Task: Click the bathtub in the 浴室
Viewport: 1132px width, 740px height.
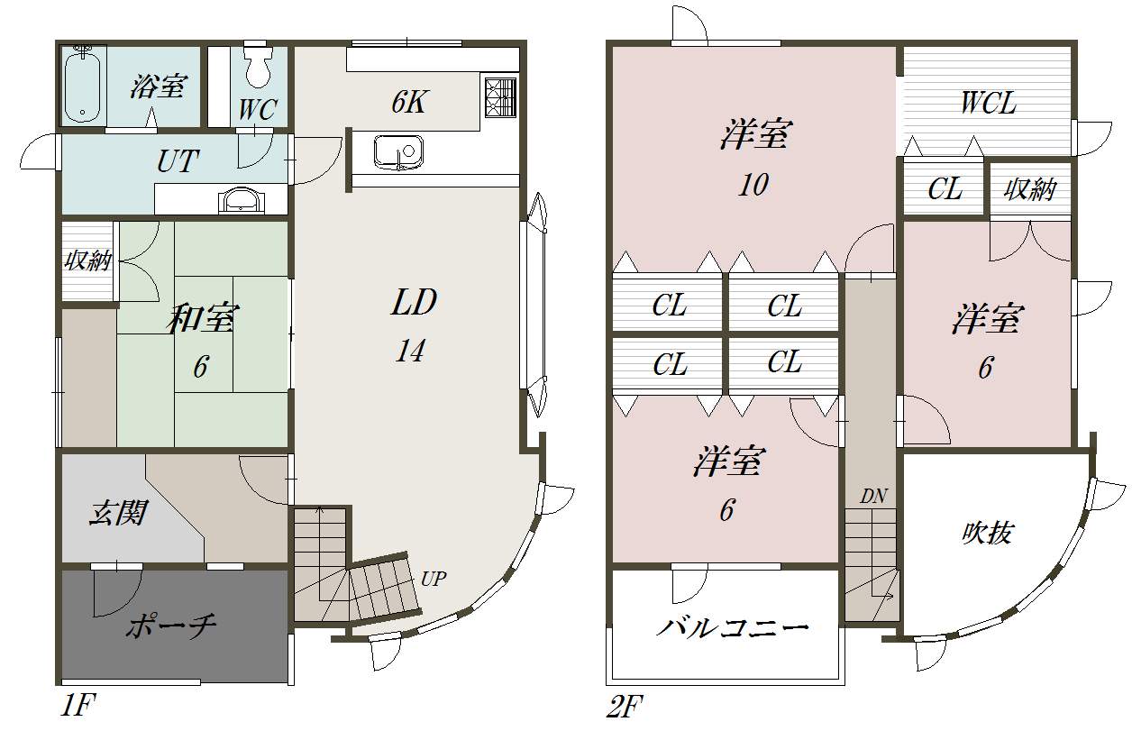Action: (x=84, y=87)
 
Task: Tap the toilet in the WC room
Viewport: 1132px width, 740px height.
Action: (x=260, y=62)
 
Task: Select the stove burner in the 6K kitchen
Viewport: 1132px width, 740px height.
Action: (x=500, y=97)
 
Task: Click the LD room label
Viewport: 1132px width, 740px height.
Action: (x=414, y=303)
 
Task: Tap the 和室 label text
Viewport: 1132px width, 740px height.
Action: (x=204, y=319)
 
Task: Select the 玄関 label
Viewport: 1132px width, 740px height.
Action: (x=117, y=514)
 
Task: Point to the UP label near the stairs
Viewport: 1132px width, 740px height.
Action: (x=434, y=579)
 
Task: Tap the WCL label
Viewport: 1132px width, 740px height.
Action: (x=988, y=104)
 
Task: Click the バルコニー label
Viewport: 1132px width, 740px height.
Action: (x=731, y=627)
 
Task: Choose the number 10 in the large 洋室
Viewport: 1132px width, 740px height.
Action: (x=753, y=185)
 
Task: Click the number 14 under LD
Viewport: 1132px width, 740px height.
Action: (x=409, y=352)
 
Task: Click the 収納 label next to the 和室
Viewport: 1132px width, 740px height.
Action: (x=87, y=261)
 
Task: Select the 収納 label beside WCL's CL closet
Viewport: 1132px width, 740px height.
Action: (x=1030, y=190)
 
